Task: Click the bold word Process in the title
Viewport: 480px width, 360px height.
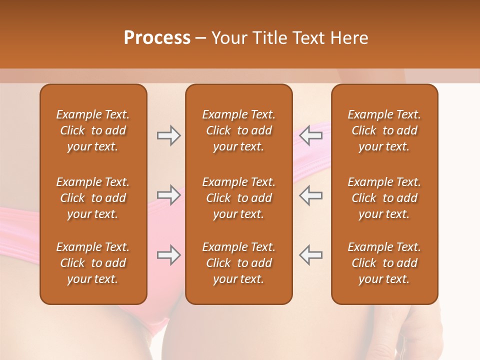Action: (157, 38)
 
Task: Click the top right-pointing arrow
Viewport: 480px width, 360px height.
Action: (168, 135)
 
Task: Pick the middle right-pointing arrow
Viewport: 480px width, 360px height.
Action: (168, 195)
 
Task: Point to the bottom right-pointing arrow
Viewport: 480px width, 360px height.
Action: (168, 255)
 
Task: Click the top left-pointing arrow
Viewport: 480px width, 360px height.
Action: (311, 135)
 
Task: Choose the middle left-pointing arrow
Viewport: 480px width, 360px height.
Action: (311, 195)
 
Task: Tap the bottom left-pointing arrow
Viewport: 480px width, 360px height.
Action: (311, 255)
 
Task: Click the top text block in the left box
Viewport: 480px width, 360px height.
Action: (93, 130)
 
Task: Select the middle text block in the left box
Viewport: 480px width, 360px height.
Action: (93, 198)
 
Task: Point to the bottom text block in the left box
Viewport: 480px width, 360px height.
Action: (93, 263)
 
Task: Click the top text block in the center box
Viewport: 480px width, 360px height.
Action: (239, 130)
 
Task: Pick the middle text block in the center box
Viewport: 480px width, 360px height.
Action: (239, 198)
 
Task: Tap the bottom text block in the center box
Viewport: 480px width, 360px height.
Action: (239, 263)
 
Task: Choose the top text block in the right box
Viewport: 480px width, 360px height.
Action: (384, 130)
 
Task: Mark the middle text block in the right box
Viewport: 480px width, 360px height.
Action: (384, 198)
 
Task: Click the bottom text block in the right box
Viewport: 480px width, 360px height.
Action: (384, 263)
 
